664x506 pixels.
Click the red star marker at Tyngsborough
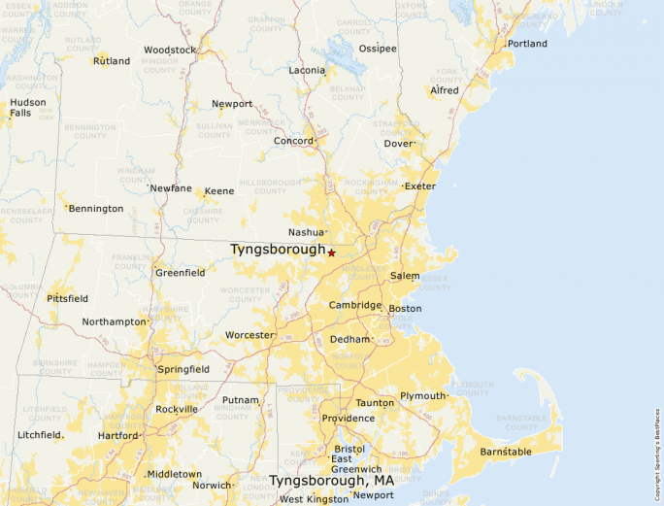[331, 253]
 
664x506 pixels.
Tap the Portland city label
[527, 44]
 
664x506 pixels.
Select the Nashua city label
[305, 232]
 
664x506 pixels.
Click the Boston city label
[405, 309]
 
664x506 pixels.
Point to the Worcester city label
[249, 335]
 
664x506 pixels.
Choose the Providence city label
[349, 419]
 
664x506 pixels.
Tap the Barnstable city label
[507, 452]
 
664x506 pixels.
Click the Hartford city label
[117, 436]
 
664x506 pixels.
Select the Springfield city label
[183, 369]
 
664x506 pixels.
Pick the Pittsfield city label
[67, 298]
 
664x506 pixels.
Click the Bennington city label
[95, 208]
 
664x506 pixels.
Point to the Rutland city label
[112, 61]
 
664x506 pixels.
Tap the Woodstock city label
[169, 50]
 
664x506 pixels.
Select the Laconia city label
[307, 70]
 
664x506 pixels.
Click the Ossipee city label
[378, 48]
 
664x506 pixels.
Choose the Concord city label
[292, 141]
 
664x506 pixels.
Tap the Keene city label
[218, 191]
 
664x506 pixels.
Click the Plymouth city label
[422, 396]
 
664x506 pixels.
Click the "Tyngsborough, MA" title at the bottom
[331, 481]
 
